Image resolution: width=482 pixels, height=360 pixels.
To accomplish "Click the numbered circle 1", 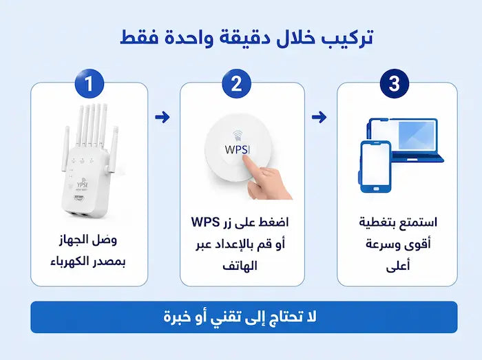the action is [x=90, y=83].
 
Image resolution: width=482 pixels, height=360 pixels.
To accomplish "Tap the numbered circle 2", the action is [x=237, y=83].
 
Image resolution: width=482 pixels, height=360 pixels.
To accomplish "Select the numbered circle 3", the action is [x=395, y=83].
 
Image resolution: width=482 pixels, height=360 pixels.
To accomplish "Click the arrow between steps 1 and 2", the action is [x=163, y=117].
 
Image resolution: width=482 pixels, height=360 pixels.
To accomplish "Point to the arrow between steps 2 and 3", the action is [x=319, y=117].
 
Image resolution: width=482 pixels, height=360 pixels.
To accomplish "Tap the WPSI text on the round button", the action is [x=237, y=149].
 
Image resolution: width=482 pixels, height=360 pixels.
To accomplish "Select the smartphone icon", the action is [x=375, y=167].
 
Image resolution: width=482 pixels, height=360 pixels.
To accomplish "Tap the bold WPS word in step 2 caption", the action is [x=206, y=222].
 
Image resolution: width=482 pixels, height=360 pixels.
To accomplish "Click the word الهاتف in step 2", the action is [x=240, y=266].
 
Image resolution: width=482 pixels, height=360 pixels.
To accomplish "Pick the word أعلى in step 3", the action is [x=398, y=266].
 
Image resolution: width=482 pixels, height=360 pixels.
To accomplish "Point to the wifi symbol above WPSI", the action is [x=237, y=136].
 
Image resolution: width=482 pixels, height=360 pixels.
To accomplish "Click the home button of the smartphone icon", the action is [x=376, y=189].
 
